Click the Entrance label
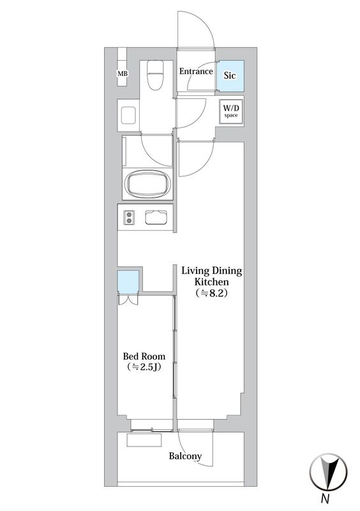pos(196,71)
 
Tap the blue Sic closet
pos(230,75)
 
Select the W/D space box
pos(230,111)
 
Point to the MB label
pos(123,73)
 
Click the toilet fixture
pos(153,76)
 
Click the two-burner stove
pos(129,217)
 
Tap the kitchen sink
pos(156,217)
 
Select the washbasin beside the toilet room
pos(128,115)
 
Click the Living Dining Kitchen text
pos(212,276)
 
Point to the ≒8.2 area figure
pos(211,293)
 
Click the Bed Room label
pos(144,356)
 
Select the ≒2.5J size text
pos(144,367)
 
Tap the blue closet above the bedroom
pos(128,282)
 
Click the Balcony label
pos(185,456)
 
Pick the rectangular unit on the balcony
pos(144,440)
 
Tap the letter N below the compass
pos(325,499)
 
